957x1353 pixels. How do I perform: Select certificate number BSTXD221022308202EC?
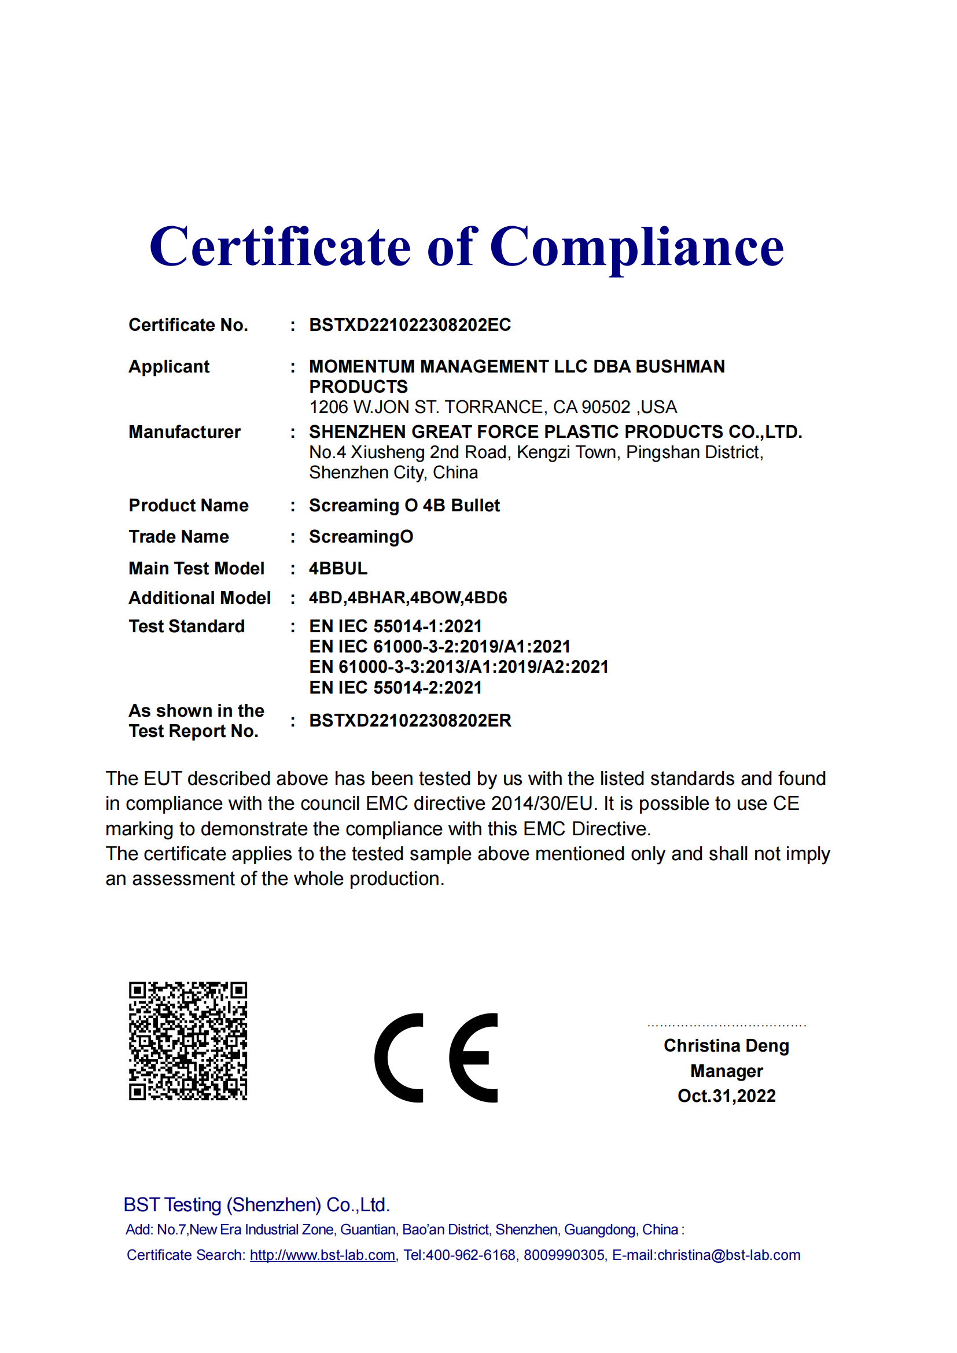(x=410, y=325)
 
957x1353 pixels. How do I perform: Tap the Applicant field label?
(x=169, y=367)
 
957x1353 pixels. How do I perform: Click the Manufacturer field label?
(x=185, y=432)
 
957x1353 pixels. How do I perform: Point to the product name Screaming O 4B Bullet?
(x=404, y=506)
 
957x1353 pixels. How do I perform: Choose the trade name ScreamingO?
(x=360, y=537)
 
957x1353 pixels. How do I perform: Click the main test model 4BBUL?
(x=338, y=569)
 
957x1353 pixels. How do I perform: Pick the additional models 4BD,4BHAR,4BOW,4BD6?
(x=408, y=598)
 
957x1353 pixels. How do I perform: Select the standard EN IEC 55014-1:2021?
(x=395, y=626)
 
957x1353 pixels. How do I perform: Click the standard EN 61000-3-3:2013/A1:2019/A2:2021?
(x=458, y=667)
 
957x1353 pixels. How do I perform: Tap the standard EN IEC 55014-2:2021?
(x=395, y=688)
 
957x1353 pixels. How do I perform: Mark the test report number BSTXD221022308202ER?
(x=410, y=721)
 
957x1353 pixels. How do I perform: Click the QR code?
(x=188, y=1041)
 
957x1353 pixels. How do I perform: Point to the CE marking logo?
(x=436, y=1058)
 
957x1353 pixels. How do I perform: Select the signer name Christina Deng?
(x=726, y=1045)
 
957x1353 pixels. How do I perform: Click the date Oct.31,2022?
(x=726, y=1096)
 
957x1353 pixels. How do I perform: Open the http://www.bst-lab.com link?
(x=322, y=1255)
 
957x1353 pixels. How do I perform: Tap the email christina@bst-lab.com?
(x=728, y=1255)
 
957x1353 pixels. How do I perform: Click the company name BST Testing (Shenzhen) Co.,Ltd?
(x=256, y=1204)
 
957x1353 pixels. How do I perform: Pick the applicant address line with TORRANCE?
(x=492, y=407)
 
